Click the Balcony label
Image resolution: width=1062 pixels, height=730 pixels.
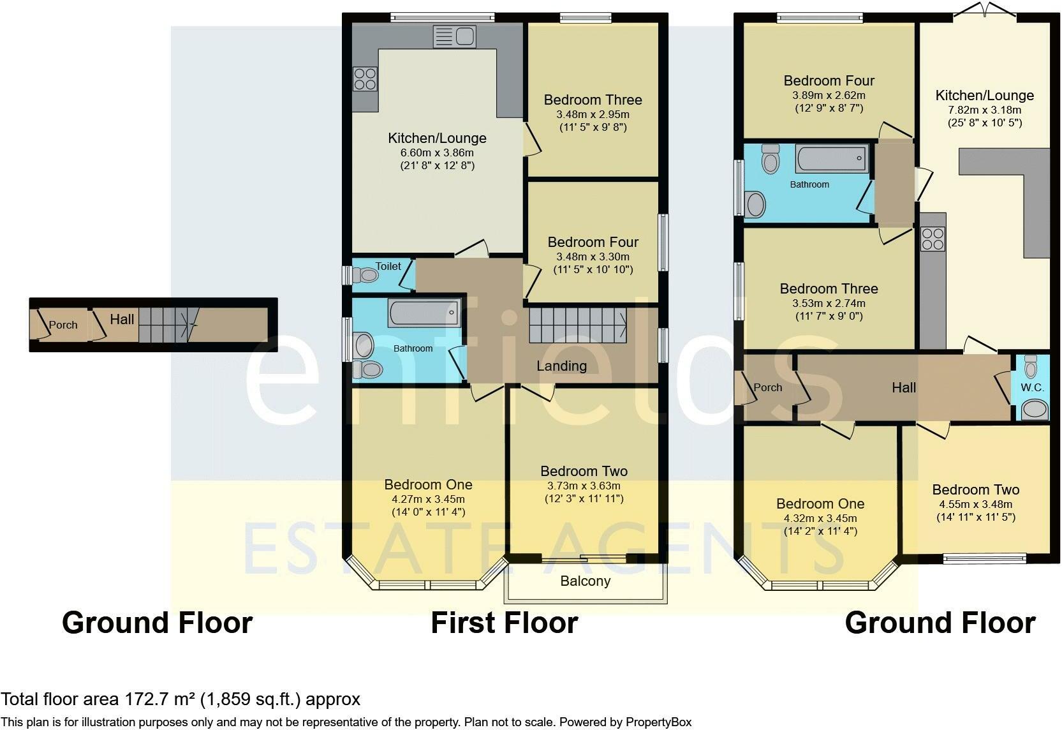(585, 581)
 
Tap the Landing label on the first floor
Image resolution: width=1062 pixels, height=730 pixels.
(561, 366)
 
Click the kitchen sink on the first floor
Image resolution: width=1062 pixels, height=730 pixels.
(454, 36)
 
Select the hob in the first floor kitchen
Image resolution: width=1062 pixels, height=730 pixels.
(365, 78)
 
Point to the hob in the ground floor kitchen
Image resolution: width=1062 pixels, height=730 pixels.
(933, 239)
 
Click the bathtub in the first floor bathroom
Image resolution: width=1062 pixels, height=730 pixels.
(424, 313)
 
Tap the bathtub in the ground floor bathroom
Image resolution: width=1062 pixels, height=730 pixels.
(832, 158)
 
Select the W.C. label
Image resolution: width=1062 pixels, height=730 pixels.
(1032, 387)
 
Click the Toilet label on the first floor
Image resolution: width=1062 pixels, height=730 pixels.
(388, 266)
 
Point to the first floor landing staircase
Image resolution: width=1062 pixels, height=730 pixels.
(578, 325)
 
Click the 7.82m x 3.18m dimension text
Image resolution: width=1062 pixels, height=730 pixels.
(984, 110)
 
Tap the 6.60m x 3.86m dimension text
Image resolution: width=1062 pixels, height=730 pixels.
(437, 153)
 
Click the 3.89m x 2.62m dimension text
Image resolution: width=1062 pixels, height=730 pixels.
(829, 95)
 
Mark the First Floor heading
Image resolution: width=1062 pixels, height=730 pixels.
(505, 623)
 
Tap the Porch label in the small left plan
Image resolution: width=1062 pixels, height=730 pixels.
(63, 325)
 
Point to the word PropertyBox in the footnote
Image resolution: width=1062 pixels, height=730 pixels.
(658, 722)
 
